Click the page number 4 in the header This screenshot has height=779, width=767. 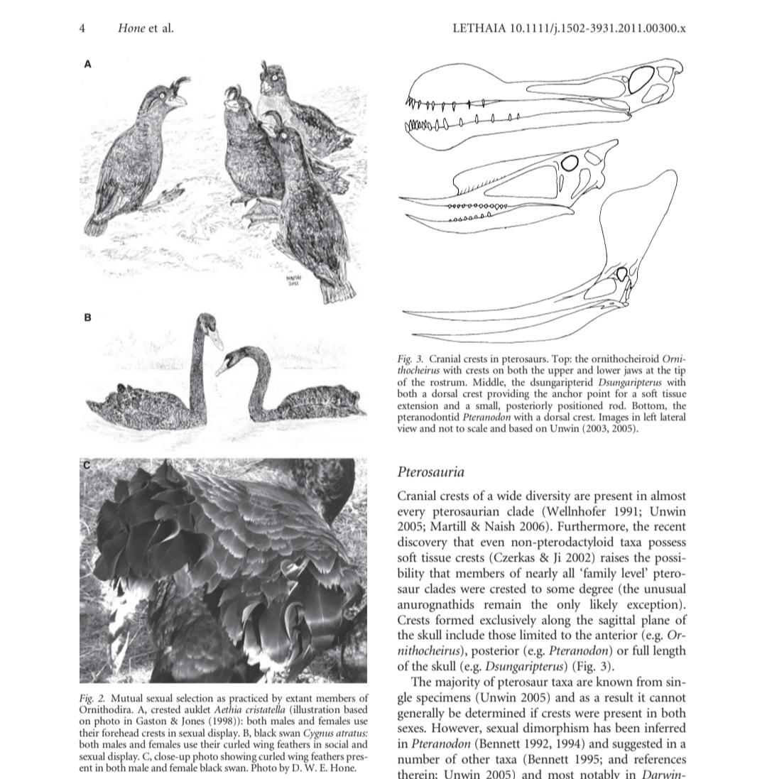pyautogui.click(x=82, y=28)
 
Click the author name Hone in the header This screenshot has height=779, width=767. pyautogui.click(x=133, y=28)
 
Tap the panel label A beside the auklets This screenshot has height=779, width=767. pyautogui.click(x=88, y=64)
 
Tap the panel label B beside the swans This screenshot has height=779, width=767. pyautogui.click(x=88, y=317)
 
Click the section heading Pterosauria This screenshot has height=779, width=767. pyautogui.click(x=431, y=472)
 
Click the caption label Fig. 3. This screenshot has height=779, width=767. pyautogui.click(x=410, y=360)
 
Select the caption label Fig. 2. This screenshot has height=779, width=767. pyautogui.click(x=92, y=699)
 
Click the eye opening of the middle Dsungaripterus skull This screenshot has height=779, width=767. pyautogui.click(x=569, y=163)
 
